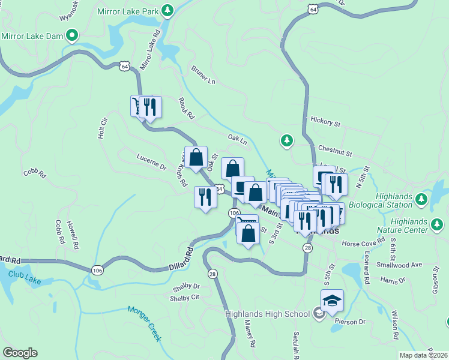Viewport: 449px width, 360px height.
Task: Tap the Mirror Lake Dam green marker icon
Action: coord(72,36)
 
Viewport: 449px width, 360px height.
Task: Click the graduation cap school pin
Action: coord(332,301)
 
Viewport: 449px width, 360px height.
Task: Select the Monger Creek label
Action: coord(144,323)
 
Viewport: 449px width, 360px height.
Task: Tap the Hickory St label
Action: coord(326,122)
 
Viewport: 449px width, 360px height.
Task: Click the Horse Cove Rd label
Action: coord(362,244)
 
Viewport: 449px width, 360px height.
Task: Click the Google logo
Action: coord(20,352)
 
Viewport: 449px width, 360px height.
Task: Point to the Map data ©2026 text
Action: coord(423,355)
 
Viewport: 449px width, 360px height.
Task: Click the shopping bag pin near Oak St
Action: coord(196,158)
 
